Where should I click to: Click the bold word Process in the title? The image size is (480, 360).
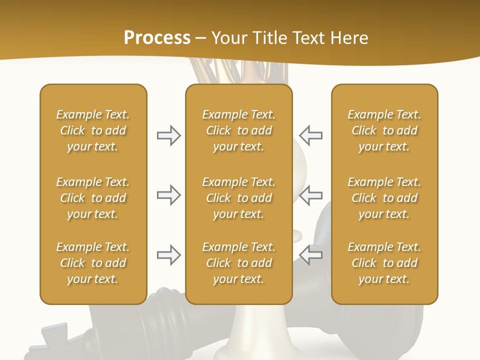click(157, 38)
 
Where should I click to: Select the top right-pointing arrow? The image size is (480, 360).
click(168, 135)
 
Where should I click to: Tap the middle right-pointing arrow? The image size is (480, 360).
click(168, 195)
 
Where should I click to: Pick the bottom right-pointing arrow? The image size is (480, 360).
click(168, 255)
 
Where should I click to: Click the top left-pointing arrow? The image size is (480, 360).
click(310, 135)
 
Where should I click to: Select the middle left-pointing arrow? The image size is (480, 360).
click(310, 195)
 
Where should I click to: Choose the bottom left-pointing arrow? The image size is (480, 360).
click(310, 255)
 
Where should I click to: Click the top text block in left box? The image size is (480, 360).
click(93, 130)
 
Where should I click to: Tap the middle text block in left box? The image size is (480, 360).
click(93, 198)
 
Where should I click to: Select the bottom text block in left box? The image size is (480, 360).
click(93, 263)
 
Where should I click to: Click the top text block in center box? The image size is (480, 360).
click(238, 130)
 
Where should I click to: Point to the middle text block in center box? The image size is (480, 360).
click(238, 198)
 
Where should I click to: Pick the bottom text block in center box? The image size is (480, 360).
click(238, 263)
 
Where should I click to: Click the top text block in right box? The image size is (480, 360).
click(384, 130)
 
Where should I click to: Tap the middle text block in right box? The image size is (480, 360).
click(384, 198)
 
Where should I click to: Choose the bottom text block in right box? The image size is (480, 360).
click(384, 263)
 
